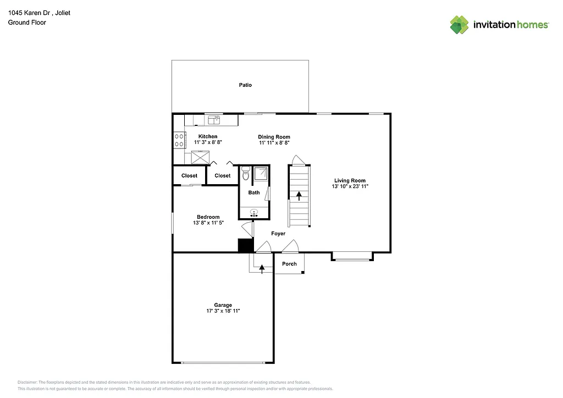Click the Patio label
[245, 85]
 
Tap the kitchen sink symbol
[213, 120]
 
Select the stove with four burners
[179, 140]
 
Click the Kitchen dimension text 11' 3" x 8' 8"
[208, 142]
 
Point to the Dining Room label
[274, 137]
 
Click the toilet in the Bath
[245, 174]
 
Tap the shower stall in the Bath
[261, 173]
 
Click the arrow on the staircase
[299, 196]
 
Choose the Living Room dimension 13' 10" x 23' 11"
[350, 186]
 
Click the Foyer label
[278, 234]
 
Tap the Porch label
[289, 264]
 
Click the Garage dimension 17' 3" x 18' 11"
[223, 311]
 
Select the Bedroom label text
[208, 217]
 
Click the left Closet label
[189, 176]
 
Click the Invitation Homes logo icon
[459, 25]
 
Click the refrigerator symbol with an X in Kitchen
[200, 157]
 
